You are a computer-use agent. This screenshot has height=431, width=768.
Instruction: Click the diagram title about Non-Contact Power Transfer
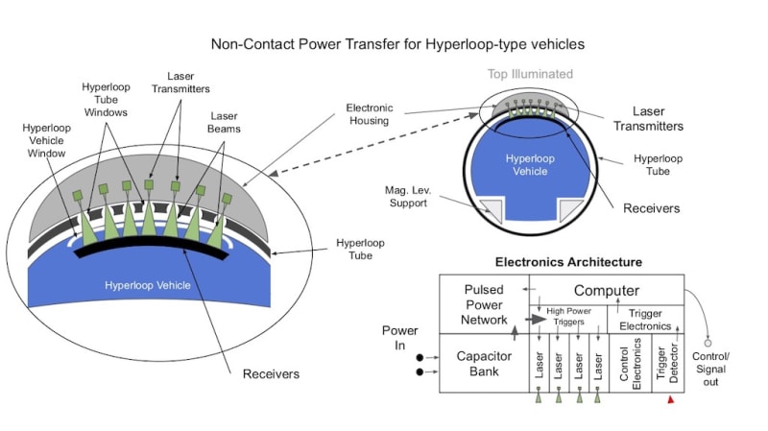pos(397,44)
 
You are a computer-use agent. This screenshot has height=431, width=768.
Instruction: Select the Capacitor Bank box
pos(484,364)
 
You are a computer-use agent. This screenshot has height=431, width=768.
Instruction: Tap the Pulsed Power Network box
pos(484,304)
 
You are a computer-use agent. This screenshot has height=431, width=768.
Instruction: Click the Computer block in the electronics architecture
pos(607,291)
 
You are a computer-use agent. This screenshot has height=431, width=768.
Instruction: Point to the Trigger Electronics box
pos(645,320)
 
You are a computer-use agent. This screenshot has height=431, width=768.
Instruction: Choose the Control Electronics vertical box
pos(631,364)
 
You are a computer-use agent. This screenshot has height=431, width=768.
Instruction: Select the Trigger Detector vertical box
pos(668,364)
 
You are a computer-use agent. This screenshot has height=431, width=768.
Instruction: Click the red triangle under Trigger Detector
pos(670,399)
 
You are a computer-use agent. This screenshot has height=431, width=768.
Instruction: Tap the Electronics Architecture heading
pos(568,262)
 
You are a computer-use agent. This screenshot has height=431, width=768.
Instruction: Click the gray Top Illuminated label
pos(530,74)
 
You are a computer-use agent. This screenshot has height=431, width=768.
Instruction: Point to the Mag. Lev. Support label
pos(408,197)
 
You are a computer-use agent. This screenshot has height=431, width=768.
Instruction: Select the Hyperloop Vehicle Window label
pos(46,140)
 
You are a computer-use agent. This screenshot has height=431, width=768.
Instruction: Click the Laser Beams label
pos(224,123)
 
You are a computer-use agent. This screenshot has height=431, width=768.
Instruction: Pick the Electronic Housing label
pos(370,114)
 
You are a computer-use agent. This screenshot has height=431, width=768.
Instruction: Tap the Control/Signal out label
pos(710,369)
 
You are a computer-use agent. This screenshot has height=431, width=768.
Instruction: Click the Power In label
pos(399,338)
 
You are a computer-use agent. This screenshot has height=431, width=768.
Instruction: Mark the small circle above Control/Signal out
pos(708,344)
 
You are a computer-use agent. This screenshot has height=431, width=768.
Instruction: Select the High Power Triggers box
pos(568,320)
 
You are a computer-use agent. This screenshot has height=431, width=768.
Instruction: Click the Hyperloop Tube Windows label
pos(106,100)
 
